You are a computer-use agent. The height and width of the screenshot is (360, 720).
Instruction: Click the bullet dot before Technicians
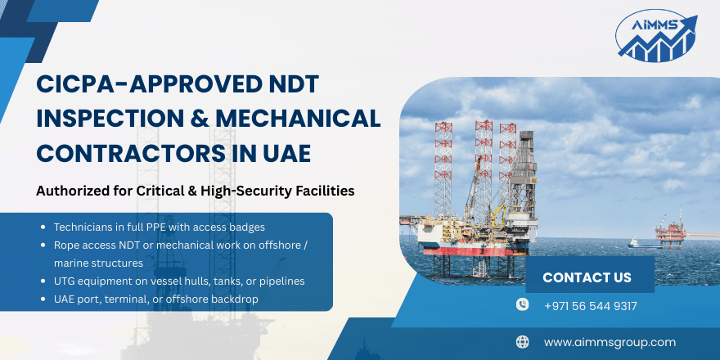pos(43,226)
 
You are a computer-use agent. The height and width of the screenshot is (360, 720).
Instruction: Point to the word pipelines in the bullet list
pos(276,281)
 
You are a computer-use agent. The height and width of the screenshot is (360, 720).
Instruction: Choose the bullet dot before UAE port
pos(43,299)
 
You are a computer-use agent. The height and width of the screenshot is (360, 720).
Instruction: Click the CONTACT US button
pos(587,277)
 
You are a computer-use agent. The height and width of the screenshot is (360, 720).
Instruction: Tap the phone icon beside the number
pos(523,305)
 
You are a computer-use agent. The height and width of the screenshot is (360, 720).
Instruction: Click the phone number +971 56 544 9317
pos(590,306)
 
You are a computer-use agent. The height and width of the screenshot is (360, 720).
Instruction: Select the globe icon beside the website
pos(523,342)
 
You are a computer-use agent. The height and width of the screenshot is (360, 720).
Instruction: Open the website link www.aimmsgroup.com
pos(610,342)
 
